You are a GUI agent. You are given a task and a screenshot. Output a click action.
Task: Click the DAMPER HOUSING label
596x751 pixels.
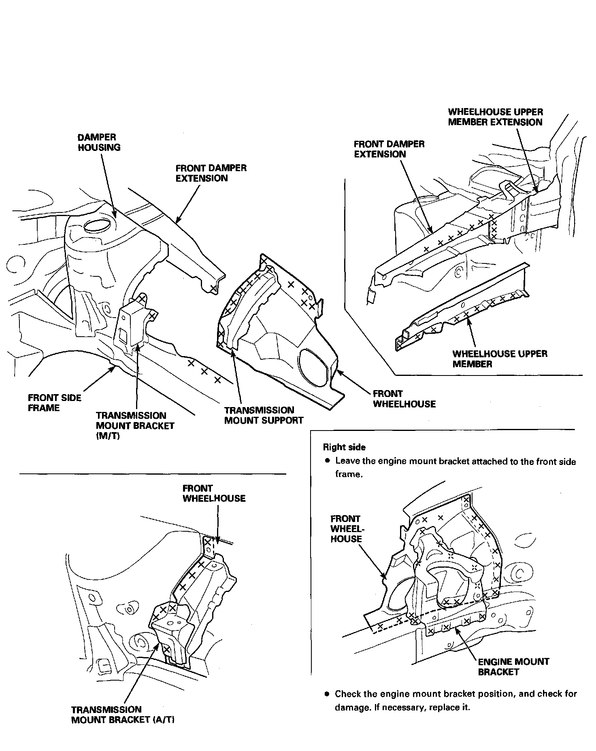(x=99, y=142)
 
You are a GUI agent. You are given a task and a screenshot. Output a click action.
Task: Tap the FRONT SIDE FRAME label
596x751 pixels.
(x=54, y=403)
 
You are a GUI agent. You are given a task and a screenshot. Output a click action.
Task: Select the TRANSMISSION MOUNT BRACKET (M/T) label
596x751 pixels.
(x=135, y=426)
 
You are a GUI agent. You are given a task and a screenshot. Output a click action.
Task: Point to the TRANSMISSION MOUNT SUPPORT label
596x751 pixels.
(x=264, y=415)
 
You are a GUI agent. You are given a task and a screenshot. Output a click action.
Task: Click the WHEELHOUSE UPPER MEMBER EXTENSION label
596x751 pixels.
(x=495, y=117)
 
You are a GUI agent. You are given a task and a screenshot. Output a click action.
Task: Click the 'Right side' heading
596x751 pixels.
(x=344, y=447)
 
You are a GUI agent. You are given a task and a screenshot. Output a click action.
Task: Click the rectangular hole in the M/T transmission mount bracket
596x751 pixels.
(x=122, y=334)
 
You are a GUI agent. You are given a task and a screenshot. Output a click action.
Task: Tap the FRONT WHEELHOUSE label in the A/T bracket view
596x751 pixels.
(x=214, y=493)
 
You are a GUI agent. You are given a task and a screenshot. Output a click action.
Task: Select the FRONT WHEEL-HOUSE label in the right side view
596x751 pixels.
(x=346, y=528)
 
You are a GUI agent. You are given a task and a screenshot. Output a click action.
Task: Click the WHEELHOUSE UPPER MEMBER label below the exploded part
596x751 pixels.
(x=499, y=359)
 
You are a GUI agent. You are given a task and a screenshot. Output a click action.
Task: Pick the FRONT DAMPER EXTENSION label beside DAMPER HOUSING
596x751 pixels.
(x=211, y=173)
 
